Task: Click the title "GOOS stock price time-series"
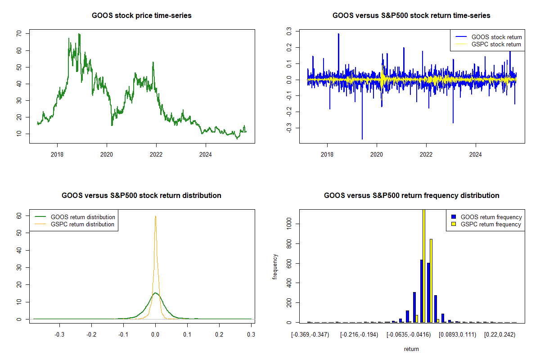(x=142, y=16)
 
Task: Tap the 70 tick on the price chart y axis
(x=18, y=34)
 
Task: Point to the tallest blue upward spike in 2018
(x=338, y=34)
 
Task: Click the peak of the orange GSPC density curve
(x=155, y=216)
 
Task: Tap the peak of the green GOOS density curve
(x=155, y=293)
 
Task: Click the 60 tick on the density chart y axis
(x=18, y=216)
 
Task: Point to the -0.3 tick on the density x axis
(x=60, y=335)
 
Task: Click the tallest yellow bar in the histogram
(x=423, y=265)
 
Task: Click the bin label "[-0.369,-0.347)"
(x=310, y=335)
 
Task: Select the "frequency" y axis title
(x=275, y=267)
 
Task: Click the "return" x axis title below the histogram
(x=411, y=349)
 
